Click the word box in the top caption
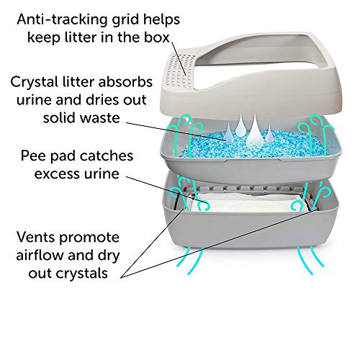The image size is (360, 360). click(x=156, y=37)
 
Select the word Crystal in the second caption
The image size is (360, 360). click(x=35, y=82)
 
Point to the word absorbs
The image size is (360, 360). click(x=125, y=81)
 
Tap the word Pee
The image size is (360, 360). click(x=33, y=156)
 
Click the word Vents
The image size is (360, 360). click(x=36, y=237)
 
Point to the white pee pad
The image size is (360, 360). click(x=247, y=203)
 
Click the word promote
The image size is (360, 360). click(x=89, y=238)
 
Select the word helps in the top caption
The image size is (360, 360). click(x=161, y=19)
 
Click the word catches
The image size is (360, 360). click(x=107, y=156)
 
